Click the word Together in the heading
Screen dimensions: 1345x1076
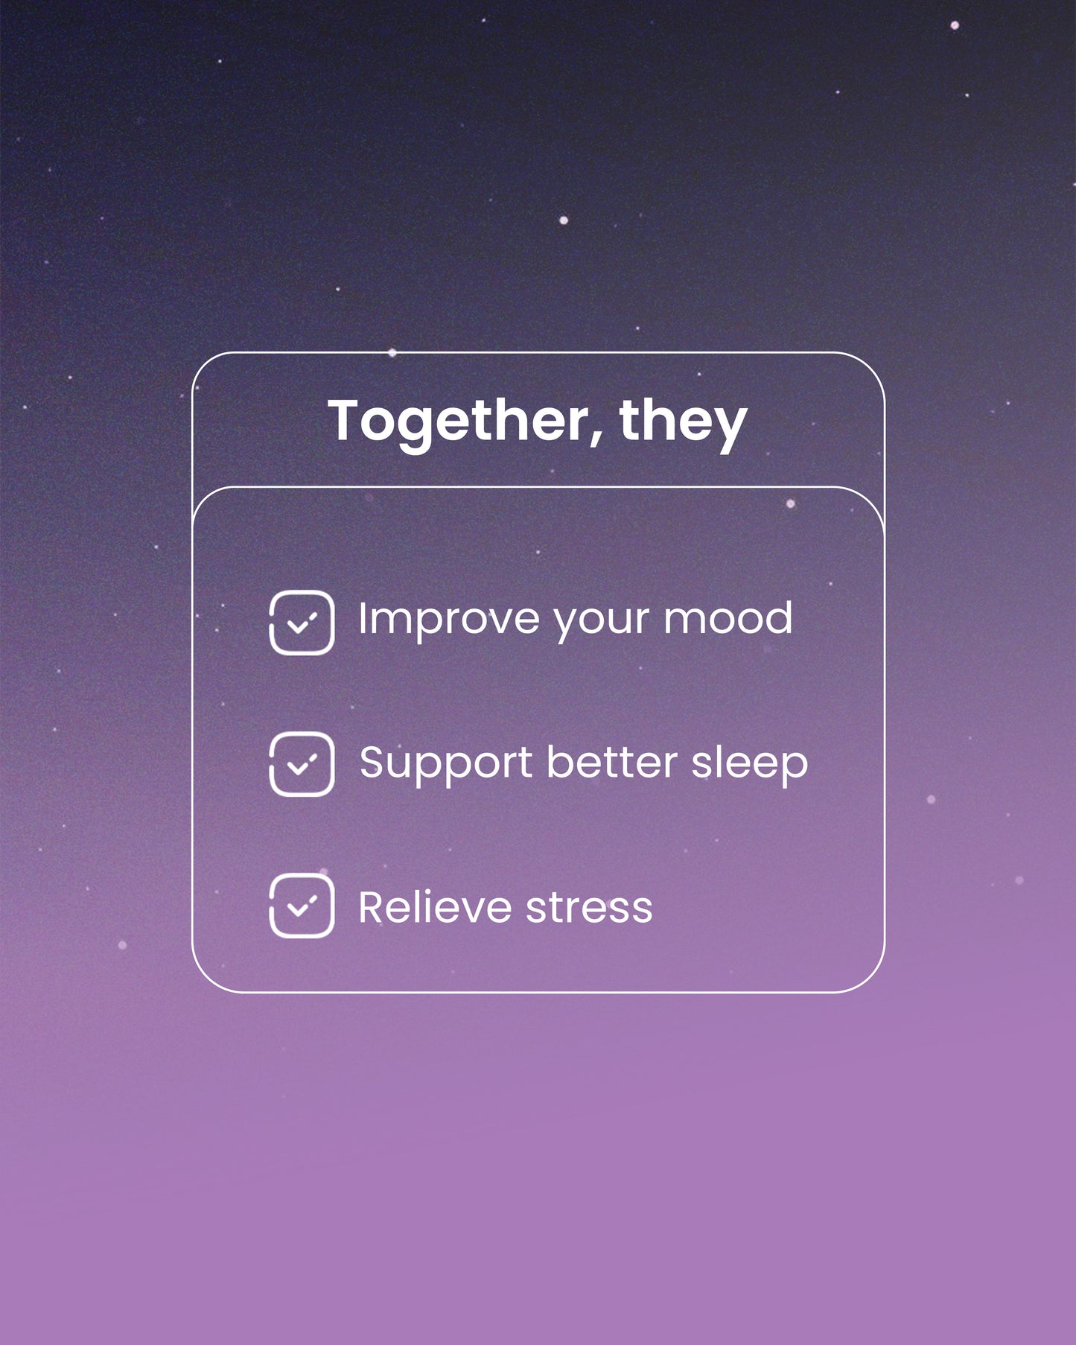[x=458, y=422]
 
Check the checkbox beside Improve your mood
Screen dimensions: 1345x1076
[x=302, y=623]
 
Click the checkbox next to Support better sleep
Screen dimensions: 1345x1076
[x=302, y=764]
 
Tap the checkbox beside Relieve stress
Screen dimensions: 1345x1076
[x=302, y=906]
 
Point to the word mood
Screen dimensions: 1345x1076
[x=728, y=618]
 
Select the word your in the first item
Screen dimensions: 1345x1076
[x=601, y=621]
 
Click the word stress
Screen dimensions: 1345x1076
[x=589, y=909]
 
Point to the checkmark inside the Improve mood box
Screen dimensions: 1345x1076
[x=302, y=623]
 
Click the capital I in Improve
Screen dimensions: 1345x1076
[x=363, y=618]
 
